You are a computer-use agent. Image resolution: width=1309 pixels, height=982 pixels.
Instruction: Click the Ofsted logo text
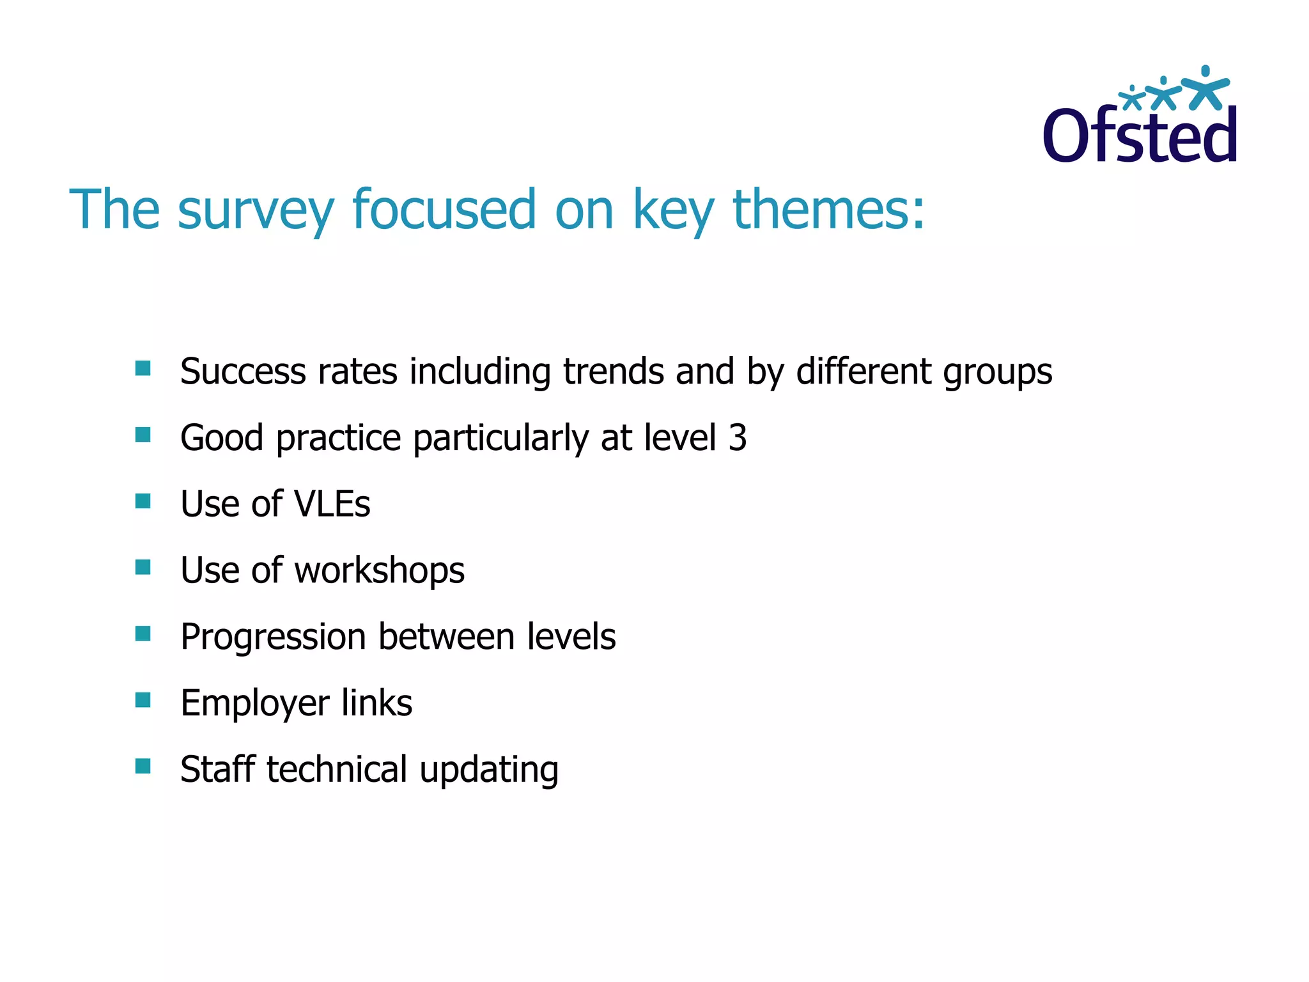coord(1140,136)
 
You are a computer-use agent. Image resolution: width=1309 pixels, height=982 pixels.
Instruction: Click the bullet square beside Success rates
coord(143,368)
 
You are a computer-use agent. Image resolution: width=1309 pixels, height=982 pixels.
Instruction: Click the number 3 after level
coord(738,438)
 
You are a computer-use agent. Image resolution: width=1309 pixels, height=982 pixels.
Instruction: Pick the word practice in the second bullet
coord(338,439)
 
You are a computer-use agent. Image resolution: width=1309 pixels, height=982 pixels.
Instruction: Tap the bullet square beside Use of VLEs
coord(143,501)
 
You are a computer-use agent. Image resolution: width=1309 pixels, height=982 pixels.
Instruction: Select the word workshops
coord(379,571)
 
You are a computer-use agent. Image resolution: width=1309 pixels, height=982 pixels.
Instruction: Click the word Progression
coord(274,637)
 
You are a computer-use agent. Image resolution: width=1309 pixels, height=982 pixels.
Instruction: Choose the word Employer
coord(255,704)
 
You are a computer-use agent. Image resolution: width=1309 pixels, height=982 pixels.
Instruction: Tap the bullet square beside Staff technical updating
coord(143,766)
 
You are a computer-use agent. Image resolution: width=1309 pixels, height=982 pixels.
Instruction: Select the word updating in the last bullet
coord(489,770)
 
